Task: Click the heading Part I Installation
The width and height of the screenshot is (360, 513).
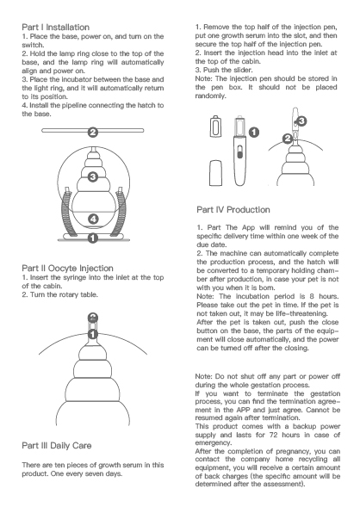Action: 56,28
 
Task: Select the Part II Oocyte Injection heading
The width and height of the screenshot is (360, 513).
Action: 68,269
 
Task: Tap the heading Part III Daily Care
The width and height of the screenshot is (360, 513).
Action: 57,446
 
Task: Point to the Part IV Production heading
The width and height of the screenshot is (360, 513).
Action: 233,210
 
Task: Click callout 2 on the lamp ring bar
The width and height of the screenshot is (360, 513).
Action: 93,133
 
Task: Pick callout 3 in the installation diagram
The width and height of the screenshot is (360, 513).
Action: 93,177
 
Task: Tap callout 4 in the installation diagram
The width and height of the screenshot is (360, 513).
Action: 93,219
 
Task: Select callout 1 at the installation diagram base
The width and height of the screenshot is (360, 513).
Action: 93,238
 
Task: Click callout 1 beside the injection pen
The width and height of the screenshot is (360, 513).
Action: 254,133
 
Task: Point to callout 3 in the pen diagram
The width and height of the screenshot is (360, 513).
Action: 301,121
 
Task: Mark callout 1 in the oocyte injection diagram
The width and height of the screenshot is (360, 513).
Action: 93,334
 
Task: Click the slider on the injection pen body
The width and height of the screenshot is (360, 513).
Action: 239,152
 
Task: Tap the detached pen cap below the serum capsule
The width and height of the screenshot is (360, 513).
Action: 215,173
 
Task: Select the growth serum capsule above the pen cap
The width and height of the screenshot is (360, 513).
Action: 215,127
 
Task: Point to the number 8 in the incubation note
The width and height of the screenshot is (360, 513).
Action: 312,296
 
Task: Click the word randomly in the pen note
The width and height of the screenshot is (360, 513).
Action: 210,96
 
